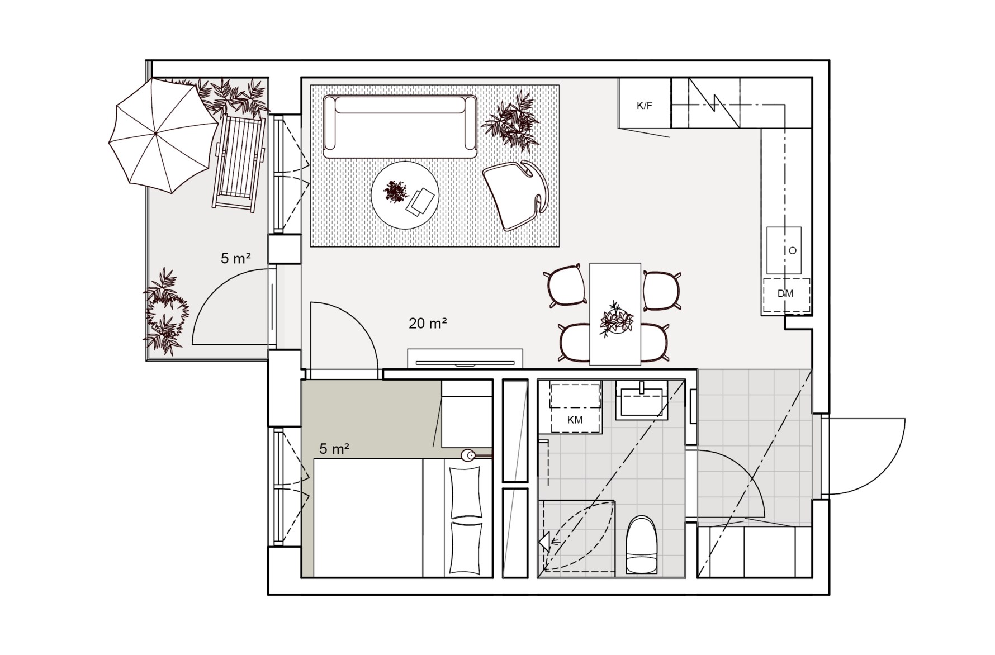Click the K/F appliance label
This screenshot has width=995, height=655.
point(645,105)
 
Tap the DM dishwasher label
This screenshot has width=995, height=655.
point(785,293)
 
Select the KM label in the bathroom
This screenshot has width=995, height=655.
point(575,420)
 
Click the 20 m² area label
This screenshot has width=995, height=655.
point(428,323)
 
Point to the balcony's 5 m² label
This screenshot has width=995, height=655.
point(235,258)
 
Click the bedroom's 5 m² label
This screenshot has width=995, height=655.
point(335,448)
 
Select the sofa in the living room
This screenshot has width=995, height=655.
point(400,127)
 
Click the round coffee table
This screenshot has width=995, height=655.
point(405,194)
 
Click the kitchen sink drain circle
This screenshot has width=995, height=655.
point(792,250)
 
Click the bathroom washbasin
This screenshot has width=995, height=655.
point(642,400)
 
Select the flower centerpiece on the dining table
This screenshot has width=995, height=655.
point(615,320)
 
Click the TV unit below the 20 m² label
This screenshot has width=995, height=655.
point(465,358)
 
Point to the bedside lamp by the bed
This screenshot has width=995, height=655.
point(470,455)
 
